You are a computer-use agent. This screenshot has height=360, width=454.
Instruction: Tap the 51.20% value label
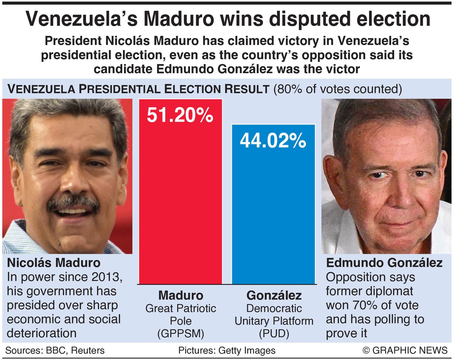pos(180,115)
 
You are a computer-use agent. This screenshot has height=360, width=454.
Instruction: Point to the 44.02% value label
pos(273,141)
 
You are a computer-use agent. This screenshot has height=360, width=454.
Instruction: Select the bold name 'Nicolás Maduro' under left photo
pos(54,263)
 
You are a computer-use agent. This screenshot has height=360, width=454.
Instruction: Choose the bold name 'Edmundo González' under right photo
pos(384,263)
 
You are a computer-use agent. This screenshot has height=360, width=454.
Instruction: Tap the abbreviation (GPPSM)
pos(180,333)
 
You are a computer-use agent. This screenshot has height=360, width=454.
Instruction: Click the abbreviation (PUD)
pos(274,333)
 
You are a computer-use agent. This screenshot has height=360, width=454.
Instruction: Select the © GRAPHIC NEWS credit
pos(405,350)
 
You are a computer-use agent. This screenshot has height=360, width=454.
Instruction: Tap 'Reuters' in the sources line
pos(88,350)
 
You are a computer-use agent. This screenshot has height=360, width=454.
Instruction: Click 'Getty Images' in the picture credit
pos(247,350)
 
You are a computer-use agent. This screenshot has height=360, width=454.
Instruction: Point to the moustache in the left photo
pos(73,203)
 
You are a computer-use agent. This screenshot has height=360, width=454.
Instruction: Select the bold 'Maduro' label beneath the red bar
pos(180,295)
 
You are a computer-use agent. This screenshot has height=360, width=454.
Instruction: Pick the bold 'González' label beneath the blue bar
pos(274,295)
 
